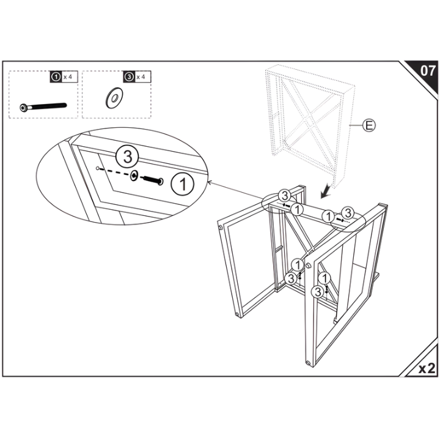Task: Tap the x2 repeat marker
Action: coord(426,368)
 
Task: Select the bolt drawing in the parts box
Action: coord(43,106)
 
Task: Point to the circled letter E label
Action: coord(369,126)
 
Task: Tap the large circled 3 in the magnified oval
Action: coord(127,156)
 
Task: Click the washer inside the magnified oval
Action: coord(134,176)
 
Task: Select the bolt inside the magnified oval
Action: coord(152,180)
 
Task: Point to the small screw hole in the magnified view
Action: coord(98,167)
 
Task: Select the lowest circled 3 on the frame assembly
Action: coord(317,292)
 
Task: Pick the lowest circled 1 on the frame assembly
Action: coord(323,277)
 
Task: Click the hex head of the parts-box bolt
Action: coord(23,108)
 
